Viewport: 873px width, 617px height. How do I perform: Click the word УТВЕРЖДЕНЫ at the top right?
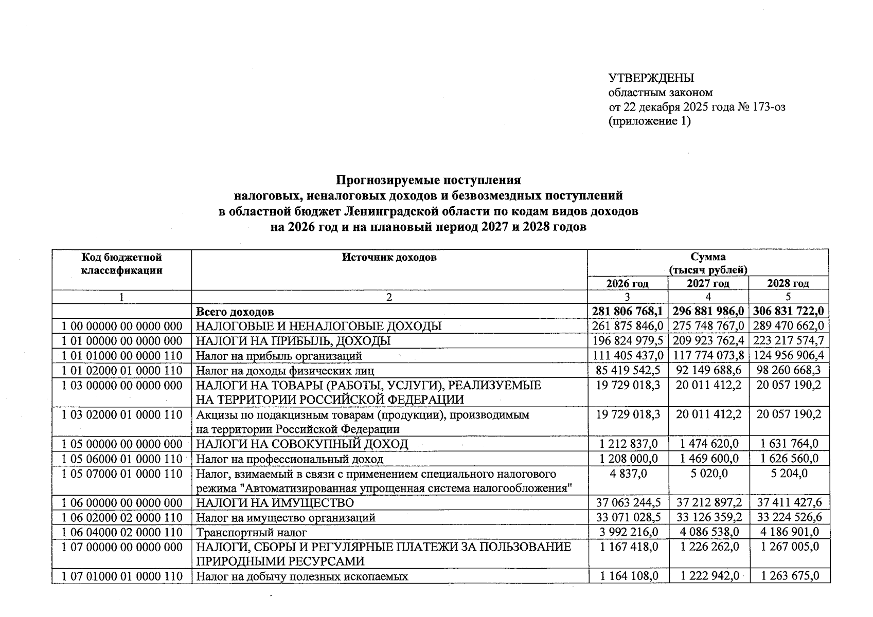click(651, 78)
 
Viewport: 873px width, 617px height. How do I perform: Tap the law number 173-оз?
click(768, 107)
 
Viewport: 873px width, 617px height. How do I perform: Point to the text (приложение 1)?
click(649, 121)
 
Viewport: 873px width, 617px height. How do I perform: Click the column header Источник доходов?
click(389, 257)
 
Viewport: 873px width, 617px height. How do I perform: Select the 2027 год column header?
click(708, 283)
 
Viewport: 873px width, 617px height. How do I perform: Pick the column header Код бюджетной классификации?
click(122, 263)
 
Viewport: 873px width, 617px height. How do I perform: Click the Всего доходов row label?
click(235, 312)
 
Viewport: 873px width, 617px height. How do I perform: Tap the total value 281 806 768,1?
click(628, 311)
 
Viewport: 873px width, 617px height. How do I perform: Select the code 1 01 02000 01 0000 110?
click(122, 370)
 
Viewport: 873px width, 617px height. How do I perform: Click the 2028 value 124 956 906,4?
click(789, 355)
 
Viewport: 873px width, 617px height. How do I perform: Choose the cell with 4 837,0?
click(628, 474)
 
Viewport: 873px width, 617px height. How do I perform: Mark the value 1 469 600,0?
click(708, 459)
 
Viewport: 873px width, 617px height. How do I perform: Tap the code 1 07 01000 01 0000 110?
click(122, 576)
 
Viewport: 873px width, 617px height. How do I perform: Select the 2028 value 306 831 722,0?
click(789, 311)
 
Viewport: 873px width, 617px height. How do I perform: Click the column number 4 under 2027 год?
click(708, 297)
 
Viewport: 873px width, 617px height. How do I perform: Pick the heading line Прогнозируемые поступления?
click(428, 180)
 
